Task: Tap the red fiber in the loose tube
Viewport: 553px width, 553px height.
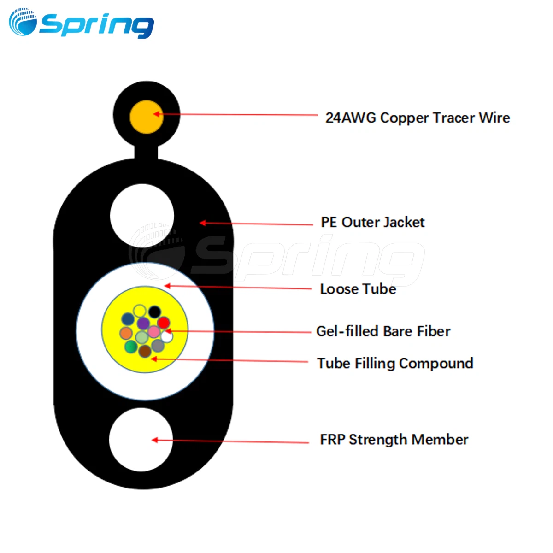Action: [163, 323]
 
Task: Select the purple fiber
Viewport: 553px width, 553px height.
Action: [143, 323]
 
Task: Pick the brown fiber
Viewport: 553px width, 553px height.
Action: [145, 351]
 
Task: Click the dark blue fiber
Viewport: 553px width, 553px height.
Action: [128, 319]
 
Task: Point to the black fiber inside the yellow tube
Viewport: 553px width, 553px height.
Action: [154, 312]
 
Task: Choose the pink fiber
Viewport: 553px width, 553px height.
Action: [153, 332]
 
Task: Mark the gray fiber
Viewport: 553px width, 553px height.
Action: [158, 345]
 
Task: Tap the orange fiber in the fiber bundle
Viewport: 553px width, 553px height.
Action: [126, 333]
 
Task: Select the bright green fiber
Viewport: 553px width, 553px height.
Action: [131, 346]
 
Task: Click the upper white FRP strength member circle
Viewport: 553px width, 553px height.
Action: [142, 216]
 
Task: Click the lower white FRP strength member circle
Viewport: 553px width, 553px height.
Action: [141, 440]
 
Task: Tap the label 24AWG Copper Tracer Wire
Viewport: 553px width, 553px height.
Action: [418, 118]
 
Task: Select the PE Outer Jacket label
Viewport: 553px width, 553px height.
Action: [372, 223]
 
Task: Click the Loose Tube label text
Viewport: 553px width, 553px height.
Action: [358, 289]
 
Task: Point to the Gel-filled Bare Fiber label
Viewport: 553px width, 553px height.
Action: [383, 331]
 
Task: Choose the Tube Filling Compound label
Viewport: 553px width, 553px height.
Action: [395, 364]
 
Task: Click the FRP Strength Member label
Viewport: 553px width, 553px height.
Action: [394, 440]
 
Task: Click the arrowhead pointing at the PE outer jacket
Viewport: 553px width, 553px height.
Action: [203, 223]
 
